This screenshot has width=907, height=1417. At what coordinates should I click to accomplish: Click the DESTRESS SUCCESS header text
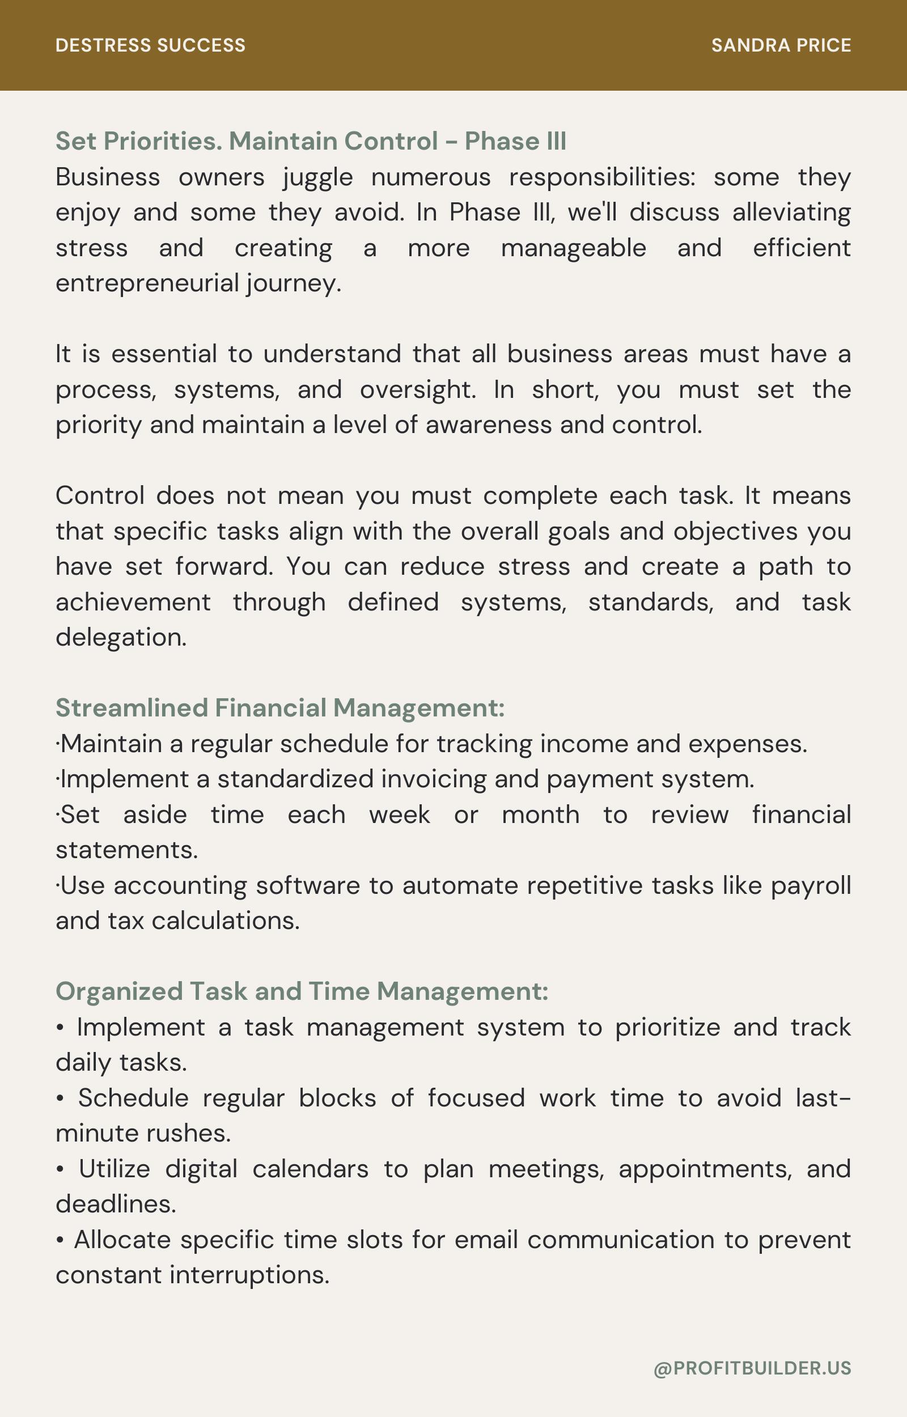(150, 45)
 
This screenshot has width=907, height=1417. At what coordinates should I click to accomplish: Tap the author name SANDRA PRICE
(781, 45)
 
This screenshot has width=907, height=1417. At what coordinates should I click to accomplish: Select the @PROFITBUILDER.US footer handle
(752, 1368)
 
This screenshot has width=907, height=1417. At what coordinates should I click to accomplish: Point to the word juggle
(317, 178)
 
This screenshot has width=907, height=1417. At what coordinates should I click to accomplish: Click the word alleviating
(791, 213)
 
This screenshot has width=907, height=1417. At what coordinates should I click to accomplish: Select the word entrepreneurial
(147, 283)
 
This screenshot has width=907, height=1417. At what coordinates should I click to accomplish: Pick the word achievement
(133, 603)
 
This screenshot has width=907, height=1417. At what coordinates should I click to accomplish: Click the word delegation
(121, 638)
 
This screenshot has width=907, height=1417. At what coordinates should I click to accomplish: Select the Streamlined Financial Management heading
(280, 707)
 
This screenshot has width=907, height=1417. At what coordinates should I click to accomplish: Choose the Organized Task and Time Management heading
(302, 991)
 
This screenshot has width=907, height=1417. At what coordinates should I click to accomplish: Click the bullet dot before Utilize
(60, 1170)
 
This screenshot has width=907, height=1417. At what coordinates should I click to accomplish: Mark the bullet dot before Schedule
(60, 1099)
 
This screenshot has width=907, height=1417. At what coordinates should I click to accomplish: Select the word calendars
(311, 1169)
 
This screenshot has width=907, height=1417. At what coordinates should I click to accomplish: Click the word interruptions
(249, 1275)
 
